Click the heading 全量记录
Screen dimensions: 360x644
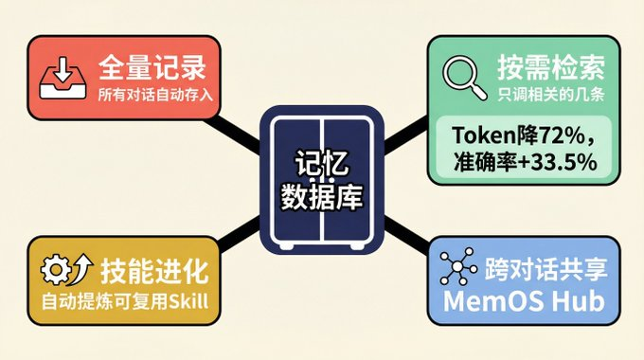(x=152, y=67)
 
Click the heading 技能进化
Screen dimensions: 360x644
(x=153, y=272)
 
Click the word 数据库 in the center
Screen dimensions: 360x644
(x=322, y=196)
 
